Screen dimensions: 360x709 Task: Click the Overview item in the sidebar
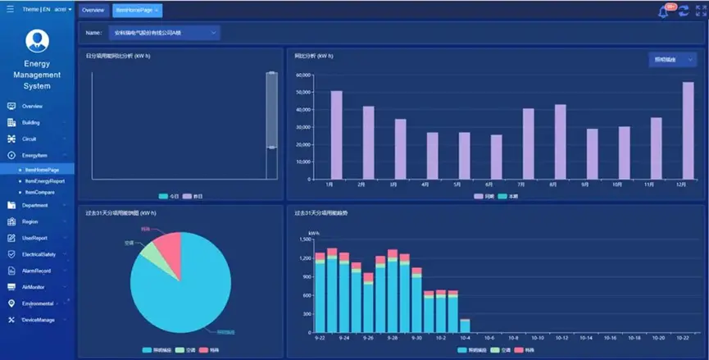(x=32, y=107)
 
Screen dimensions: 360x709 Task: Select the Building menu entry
(x=30, y=123)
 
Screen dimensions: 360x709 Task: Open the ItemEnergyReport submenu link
(x=44, y=180)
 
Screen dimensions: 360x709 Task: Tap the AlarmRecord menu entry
(x=36, y=271)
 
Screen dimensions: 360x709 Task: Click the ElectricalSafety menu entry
(x=39, y=254)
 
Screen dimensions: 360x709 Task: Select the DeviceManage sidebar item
(x=38, y=320)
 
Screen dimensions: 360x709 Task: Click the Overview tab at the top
(x=93, y=10)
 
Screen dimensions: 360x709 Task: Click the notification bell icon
(x=663, y=11)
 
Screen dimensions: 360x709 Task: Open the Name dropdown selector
(x=164, y=33)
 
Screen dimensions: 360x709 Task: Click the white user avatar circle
(x=37, y=40)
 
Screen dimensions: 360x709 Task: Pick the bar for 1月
(x=336, y=135)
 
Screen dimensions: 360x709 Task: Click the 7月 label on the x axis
(x=528, y=185)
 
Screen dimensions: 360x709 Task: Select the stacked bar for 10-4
(x=465, y=326)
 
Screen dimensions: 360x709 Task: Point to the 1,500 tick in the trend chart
(x=306, y=239)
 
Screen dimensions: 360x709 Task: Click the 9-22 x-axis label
(x=320, y=337)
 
